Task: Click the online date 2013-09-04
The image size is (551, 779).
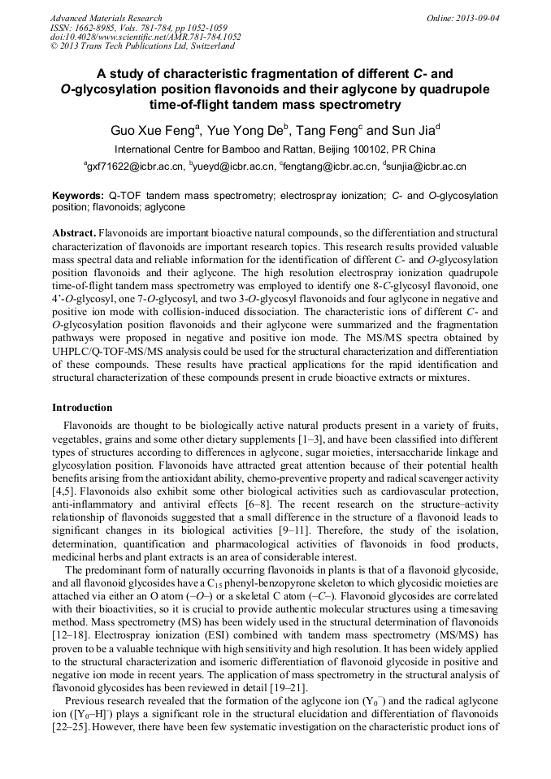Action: click(475, 17)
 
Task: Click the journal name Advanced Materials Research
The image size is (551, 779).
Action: click(106, 17)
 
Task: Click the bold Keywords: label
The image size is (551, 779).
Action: click(78, 196)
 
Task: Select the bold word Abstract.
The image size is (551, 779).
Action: click(74, 232)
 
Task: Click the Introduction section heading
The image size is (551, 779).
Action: click(82, 407)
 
